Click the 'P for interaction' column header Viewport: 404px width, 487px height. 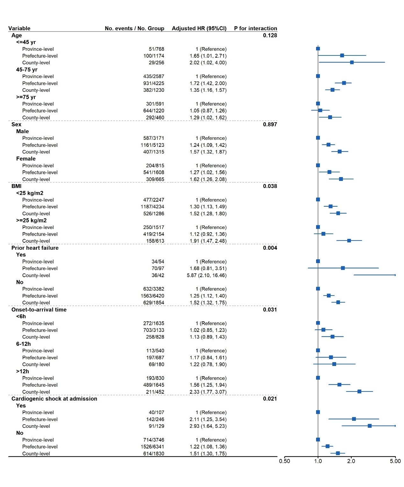point(255,28)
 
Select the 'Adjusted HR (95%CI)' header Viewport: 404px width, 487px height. point(199,28)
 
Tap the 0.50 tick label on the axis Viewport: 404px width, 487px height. point(285,461)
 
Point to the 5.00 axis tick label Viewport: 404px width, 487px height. point(395,461)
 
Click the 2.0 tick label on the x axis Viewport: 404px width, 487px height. point(351,461)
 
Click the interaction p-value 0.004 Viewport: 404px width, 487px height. point(270,248)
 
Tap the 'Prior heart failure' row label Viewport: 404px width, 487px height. point(35,248)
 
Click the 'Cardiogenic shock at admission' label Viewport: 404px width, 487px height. point(54,399)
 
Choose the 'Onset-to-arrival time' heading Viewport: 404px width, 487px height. point(39,310)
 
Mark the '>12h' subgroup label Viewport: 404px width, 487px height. point(23,371)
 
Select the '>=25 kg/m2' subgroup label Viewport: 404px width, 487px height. point(31,220)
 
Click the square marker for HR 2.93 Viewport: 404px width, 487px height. point(370,426)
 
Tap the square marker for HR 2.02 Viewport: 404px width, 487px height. point(352,62)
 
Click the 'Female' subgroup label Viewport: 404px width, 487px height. point(26,159)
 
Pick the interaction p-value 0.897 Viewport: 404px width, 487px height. point(270,125)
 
